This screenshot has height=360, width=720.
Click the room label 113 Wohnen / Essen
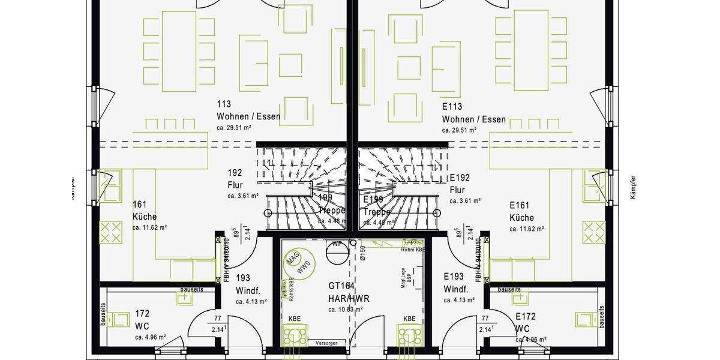coord(248,111)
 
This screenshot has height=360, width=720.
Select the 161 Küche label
coord(145,211)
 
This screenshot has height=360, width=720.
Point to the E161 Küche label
coord(522,211)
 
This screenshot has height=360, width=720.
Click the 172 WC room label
coord(142,320)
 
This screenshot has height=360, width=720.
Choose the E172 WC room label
coord(523,322)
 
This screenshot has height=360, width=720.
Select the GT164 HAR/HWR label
coord(349,292)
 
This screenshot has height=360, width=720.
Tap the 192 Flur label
coord(235,179)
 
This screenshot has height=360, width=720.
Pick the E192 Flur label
coord(460,184)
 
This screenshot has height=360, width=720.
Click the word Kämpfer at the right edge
coord(633,187)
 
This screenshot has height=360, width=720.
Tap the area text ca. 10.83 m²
coord(345,310)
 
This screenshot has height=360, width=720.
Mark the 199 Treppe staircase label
coord(331,204)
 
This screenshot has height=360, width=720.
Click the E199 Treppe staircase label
coord(376,205)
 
